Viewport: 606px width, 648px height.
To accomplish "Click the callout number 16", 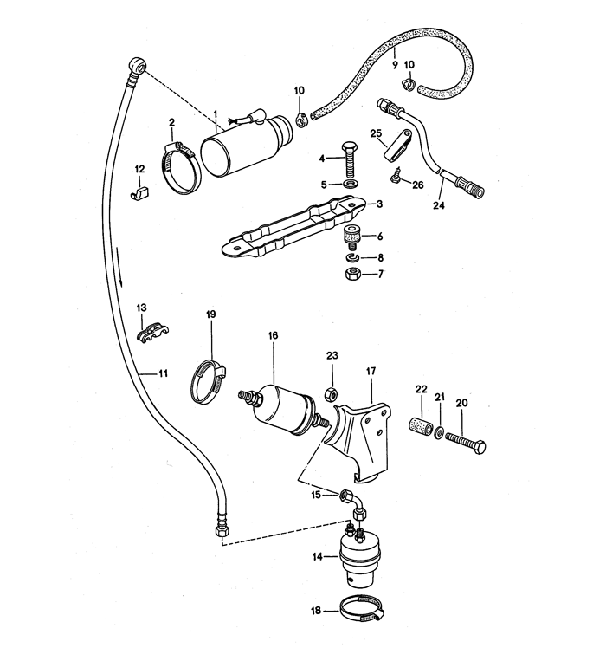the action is (273, 335).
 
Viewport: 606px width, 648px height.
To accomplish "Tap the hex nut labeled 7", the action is (352, 273).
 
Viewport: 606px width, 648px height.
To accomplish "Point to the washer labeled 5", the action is (351, 183).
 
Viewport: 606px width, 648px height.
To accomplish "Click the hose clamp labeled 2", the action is (180, 168).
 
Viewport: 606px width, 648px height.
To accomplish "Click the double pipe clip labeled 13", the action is (152, 332).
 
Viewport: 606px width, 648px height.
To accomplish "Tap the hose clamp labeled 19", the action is (208, 382).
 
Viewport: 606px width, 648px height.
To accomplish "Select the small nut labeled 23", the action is (332, 394).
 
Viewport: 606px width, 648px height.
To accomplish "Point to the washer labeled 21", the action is (439, 432).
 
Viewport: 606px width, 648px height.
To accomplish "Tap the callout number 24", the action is (439, 205).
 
